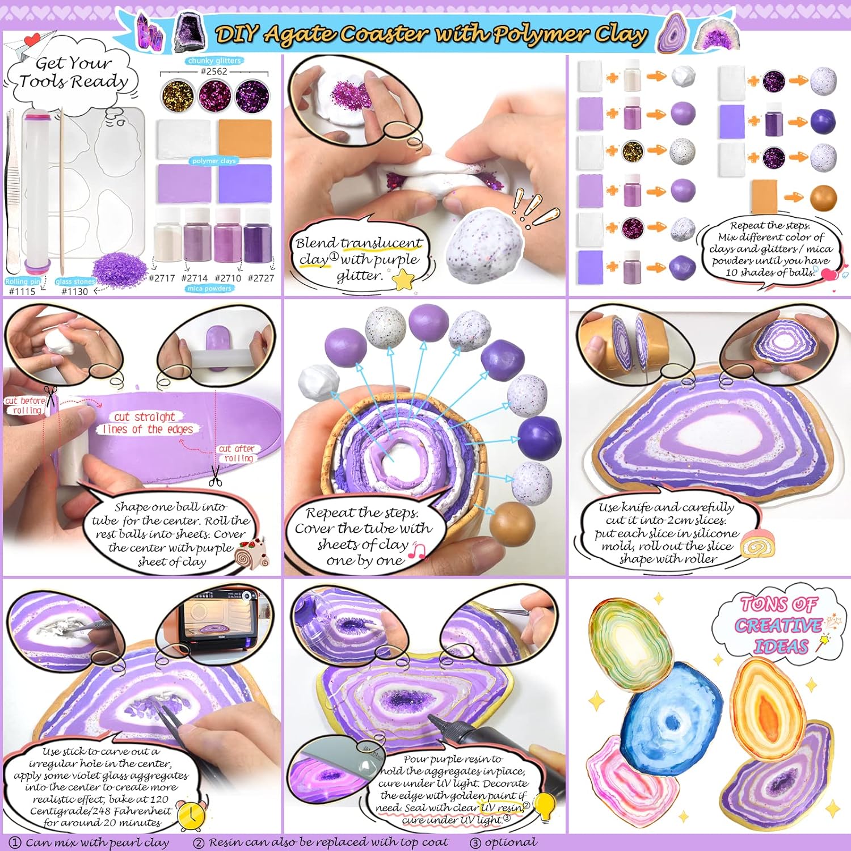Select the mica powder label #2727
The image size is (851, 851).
(x=260, y=278)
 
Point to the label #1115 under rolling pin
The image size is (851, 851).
(x=22, y=291)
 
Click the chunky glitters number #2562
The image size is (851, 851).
(x=214, y=71)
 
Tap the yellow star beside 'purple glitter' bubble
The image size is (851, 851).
(x=403, y=280)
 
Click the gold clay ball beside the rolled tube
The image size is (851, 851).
(x=512, y=521)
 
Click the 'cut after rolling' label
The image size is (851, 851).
(x=237, y=453)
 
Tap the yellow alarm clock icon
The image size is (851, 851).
(x=191, y=815)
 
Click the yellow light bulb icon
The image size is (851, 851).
(x=545, y=806)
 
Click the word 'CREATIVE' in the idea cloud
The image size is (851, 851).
(x=778, y=625)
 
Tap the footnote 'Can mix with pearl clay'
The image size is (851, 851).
(x=96, y=842)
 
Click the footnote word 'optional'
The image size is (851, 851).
(x=511, y=842)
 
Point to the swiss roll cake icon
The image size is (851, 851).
(x=757, y=545)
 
